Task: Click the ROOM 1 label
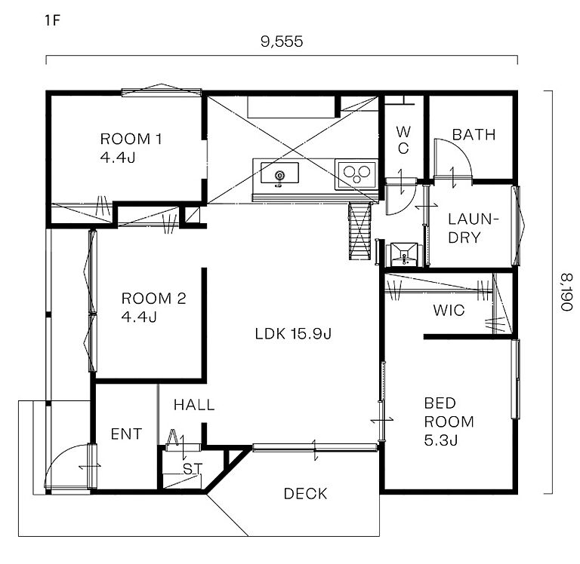point(131,148)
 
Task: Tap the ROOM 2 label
point(153,308)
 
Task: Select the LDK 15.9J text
point(293,334)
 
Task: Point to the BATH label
point(474,135)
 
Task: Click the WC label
point(403,140)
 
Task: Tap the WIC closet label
point(449,311)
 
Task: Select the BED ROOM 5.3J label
point(449,421)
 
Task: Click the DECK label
point(306,494)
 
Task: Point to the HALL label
point(194,405)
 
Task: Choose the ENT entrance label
point(126,434)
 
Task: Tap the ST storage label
point(193,470)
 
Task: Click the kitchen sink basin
point(279,173)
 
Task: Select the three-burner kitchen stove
point(356,174)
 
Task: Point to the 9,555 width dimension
point(282,41)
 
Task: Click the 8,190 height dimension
point(566,292)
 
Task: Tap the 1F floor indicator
point(52,20)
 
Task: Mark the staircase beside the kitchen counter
point(360,231)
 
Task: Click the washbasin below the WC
point(404,254)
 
